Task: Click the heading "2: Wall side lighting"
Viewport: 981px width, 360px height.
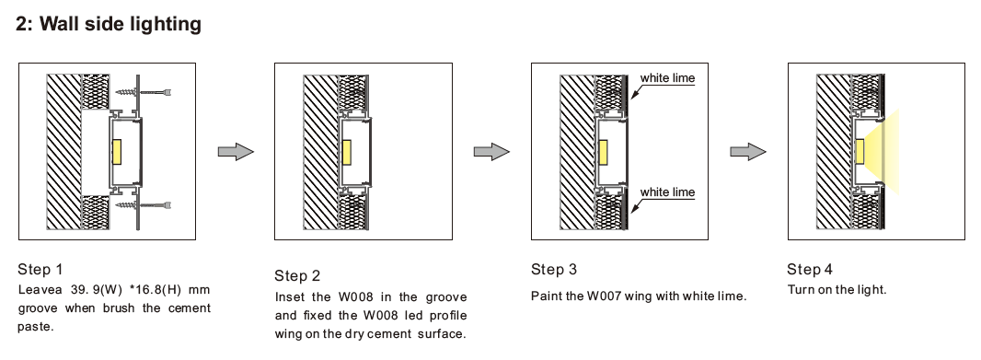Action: click(x=109, y=24)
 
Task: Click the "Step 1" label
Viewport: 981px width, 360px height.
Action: click(x=40, y=270)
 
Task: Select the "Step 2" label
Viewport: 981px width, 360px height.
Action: click(x=297, y=275)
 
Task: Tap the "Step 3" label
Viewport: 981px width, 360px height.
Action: click(x=554, y=270)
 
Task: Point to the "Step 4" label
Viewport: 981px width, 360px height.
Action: click(x=810, y=270)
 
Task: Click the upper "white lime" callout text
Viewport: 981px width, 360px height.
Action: click(x=667, y=78)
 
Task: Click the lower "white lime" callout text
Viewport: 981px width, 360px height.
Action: click(x=667, y=192)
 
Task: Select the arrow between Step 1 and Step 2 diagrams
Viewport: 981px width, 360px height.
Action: click(x=236, y=152)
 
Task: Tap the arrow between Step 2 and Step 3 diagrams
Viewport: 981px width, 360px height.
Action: click(x=491, y=152)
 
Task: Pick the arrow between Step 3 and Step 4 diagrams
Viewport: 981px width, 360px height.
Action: click(x=748, y=152)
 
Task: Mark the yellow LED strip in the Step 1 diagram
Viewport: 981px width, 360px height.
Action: click(x=117, y=152)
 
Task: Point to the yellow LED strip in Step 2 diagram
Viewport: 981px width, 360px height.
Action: click(x=346, y=152)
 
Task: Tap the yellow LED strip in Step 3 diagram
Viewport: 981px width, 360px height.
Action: click(x=603, y=152)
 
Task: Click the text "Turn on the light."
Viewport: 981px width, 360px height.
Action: click(x=837, y=289)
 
